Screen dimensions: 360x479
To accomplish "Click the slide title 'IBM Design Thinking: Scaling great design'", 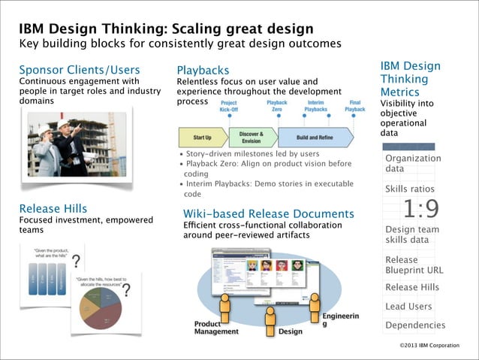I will [x=166, y=29].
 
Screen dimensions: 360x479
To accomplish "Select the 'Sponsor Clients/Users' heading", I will [x=80, y=70].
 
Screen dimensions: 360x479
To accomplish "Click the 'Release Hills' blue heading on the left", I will [x=53, y=208].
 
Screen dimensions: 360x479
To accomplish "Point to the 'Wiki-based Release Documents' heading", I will [x=269, y=214].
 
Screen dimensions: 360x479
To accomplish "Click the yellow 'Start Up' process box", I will [x=201, y=138].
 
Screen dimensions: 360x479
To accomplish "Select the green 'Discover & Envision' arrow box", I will [x=251, y=137].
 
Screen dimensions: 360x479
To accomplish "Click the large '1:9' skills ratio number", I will [x=420, y=208].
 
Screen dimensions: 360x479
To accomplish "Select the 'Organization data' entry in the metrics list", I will [x=412, y=163].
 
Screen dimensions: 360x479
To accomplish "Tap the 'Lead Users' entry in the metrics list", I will [x=408, y=306].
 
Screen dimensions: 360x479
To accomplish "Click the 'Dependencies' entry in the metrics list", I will [x=414, y=325].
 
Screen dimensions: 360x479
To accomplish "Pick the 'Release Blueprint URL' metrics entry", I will [x=414, y=265].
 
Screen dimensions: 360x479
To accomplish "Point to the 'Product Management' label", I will [x=216, y=327].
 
